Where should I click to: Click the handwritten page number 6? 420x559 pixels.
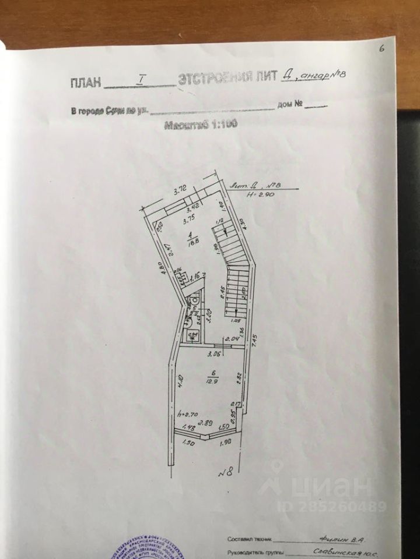(x=382, y=49)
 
